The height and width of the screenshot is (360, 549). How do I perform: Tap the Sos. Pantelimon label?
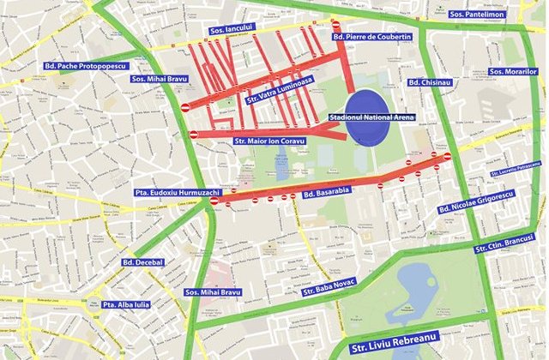[x=477, y=15]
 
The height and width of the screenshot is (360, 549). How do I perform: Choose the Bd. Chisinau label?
[x=430, y=82]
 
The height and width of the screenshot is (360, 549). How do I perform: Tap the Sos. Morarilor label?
[x=511, y=71]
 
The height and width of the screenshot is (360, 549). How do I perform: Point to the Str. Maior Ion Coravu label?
[x=268, y=141]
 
